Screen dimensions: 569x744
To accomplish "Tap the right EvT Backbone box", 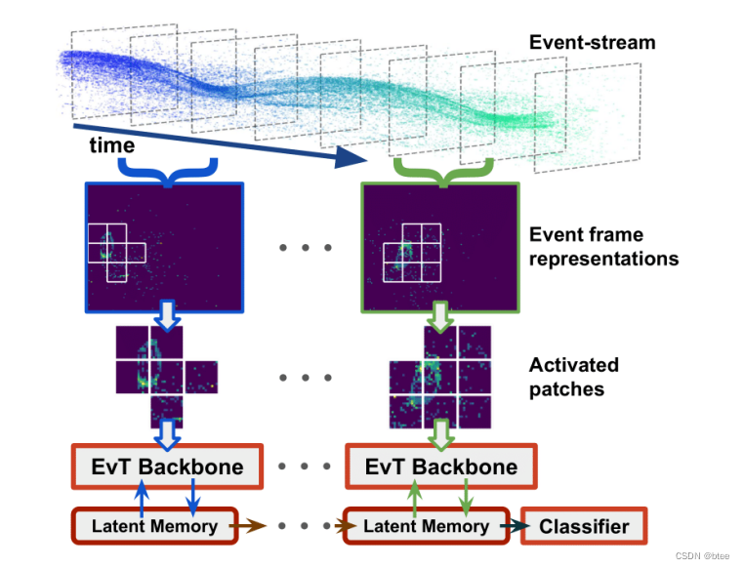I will tap(441, 467).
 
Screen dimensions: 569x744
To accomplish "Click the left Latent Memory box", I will tap(154, 526).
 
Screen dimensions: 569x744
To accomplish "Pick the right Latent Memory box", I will tap(426, 526).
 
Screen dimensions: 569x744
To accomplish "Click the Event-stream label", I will tap(592, 42).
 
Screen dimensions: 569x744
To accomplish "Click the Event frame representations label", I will tap(602, 247).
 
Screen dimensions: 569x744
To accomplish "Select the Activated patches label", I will tap(573, 377).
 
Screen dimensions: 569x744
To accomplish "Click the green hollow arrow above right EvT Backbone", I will tap(441, 430).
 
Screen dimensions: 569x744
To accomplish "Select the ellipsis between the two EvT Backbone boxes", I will tap(304, 466).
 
